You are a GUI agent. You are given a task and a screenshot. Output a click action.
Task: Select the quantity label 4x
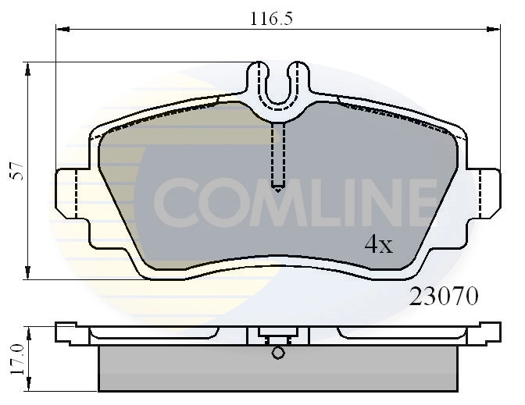(379, 246)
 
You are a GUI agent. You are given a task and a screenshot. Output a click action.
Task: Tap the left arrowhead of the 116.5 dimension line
(62, 30)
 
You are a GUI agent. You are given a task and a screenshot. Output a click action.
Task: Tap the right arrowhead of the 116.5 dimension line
(495, 30)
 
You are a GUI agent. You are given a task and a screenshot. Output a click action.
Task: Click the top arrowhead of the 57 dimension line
(28, 69)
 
